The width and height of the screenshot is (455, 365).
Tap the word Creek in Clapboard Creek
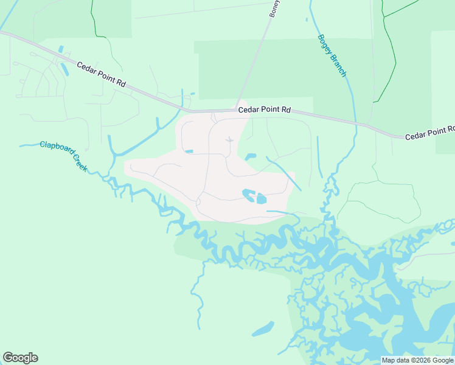79,161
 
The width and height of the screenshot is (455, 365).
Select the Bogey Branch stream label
332,55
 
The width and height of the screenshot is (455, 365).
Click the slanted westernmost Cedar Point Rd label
101,74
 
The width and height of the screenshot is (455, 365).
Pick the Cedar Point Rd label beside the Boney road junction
265,110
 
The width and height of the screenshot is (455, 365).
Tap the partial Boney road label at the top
274,9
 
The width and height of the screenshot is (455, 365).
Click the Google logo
20,358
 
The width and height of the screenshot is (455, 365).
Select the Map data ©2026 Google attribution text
417,360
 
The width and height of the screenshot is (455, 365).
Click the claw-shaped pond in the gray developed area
248,194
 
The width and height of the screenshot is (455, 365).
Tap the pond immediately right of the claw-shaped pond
262,198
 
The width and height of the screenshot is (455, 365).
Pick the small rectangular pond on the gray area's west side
189,151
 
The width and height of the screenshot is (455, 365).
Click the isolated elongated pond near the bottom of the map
263,330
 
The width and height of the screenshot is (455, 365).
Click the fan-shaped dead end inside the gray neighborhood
229,140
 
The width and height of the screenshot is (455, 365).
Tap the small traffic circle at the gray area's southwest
199,201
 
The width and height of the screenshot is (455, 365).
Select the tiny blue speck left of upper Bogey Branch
307,19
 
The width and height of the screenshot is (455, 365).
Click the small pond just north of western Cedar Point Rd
60,49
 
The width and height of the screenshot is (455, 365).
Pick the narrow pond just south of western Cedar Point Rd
64,69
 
